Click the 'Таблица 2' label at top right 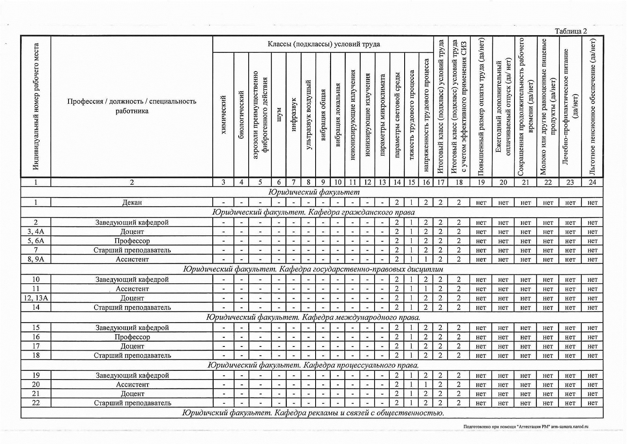pyautogui.click(x=571, y=31)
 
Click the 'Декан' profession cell pyautogui.click(x=132, y=203)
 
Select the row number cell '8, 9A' pyautogui.click(x=36, y=259)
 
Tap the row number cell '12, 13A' pyautogui.click(x=36, y=298)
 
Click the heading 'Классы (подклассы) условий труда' pyautogui.click(x=324, y=44)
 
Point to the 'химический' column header pyautogui.click(x=223, y=115)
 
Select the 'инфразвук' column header pyautogui.click(x=293, y=114)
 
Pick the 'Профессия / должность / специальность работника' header pyautogui.click(x=132, y=106)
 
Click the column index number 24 pyautogui.click(x=592, y=182)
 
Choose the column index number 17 pyautogui.click(x=440, y=182)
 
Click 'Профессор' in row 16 pyautogui.click(x=132, y=337)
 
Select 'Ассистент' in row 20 pyautogui.click(x=132, y=385)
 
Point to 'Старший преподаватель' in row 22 pyautogui.click(x=132, y=403)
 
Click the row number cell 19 pyautogui.click(x=36, y=375)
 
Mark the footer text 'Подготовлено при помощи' pyautogui.click(x=489, y=426)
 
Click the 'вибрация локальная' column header pyautogui.click(x=338, y=115)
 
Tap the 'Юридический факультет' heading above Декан pyautogui.click(x=314, y=192)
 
